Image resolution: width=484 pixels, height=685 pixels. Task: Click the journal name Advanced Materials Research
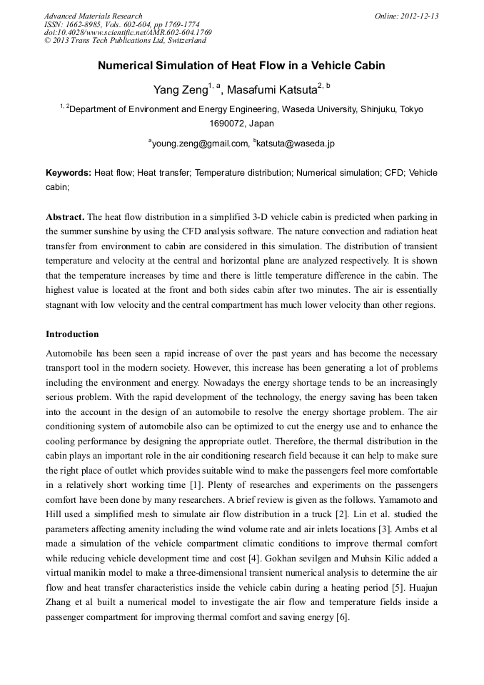(93, 16)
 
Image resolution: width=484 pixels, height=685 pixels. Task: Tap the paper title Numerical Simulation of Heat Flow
(241, 66)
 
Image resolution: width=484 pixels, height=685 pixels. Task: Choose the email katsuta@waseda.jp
(296, 144)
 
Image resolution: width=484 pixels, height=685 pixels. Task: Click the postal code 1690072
(226, 124)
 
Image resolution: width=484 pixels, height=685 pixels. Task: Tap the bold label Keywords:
(69, 174)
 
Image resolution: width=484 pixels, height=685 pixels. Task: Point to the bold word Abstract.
(65, 216)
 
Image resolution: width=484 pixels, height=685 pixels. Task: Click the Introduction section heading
(72, 334)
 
